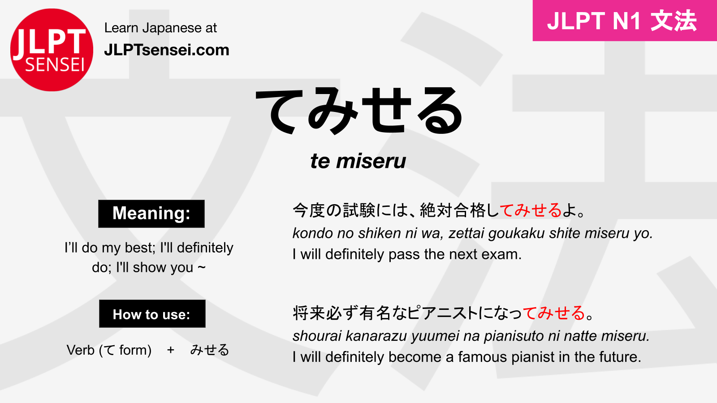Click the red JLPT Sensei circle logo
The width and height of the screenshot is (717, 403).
[x=52, y=50]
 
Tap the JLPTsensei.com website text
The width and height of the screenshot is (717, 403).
[x=166, y=50]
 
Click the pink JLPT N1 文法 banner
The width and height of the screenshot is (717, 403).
[x=624, y=21]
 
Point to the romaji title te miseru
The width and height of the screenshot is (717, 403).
[x=358, y=161]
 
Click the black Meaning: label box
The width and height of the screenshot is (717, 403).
[x=151, y=214]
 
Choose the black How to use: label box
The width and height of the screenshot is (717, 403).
[x=152, y=314]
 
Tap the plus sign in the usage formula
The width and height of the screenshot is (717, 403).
[x=170, y=350]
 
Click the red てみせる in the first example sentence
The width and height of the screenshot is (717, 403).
[x=531, y=210]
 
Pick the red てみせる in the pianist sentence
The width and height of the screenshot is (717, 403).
[x=554, y=313]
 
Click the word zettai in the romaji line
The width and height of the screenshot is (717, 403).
[x=466, y=233]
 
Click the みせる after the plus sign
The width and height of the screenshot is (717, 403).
[x=209, y=350]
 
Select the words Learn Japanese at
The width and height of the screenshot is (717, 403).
[x=160, y=28]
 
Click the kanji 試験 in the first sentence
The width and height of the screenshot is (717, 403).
[x=359, y=210]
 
